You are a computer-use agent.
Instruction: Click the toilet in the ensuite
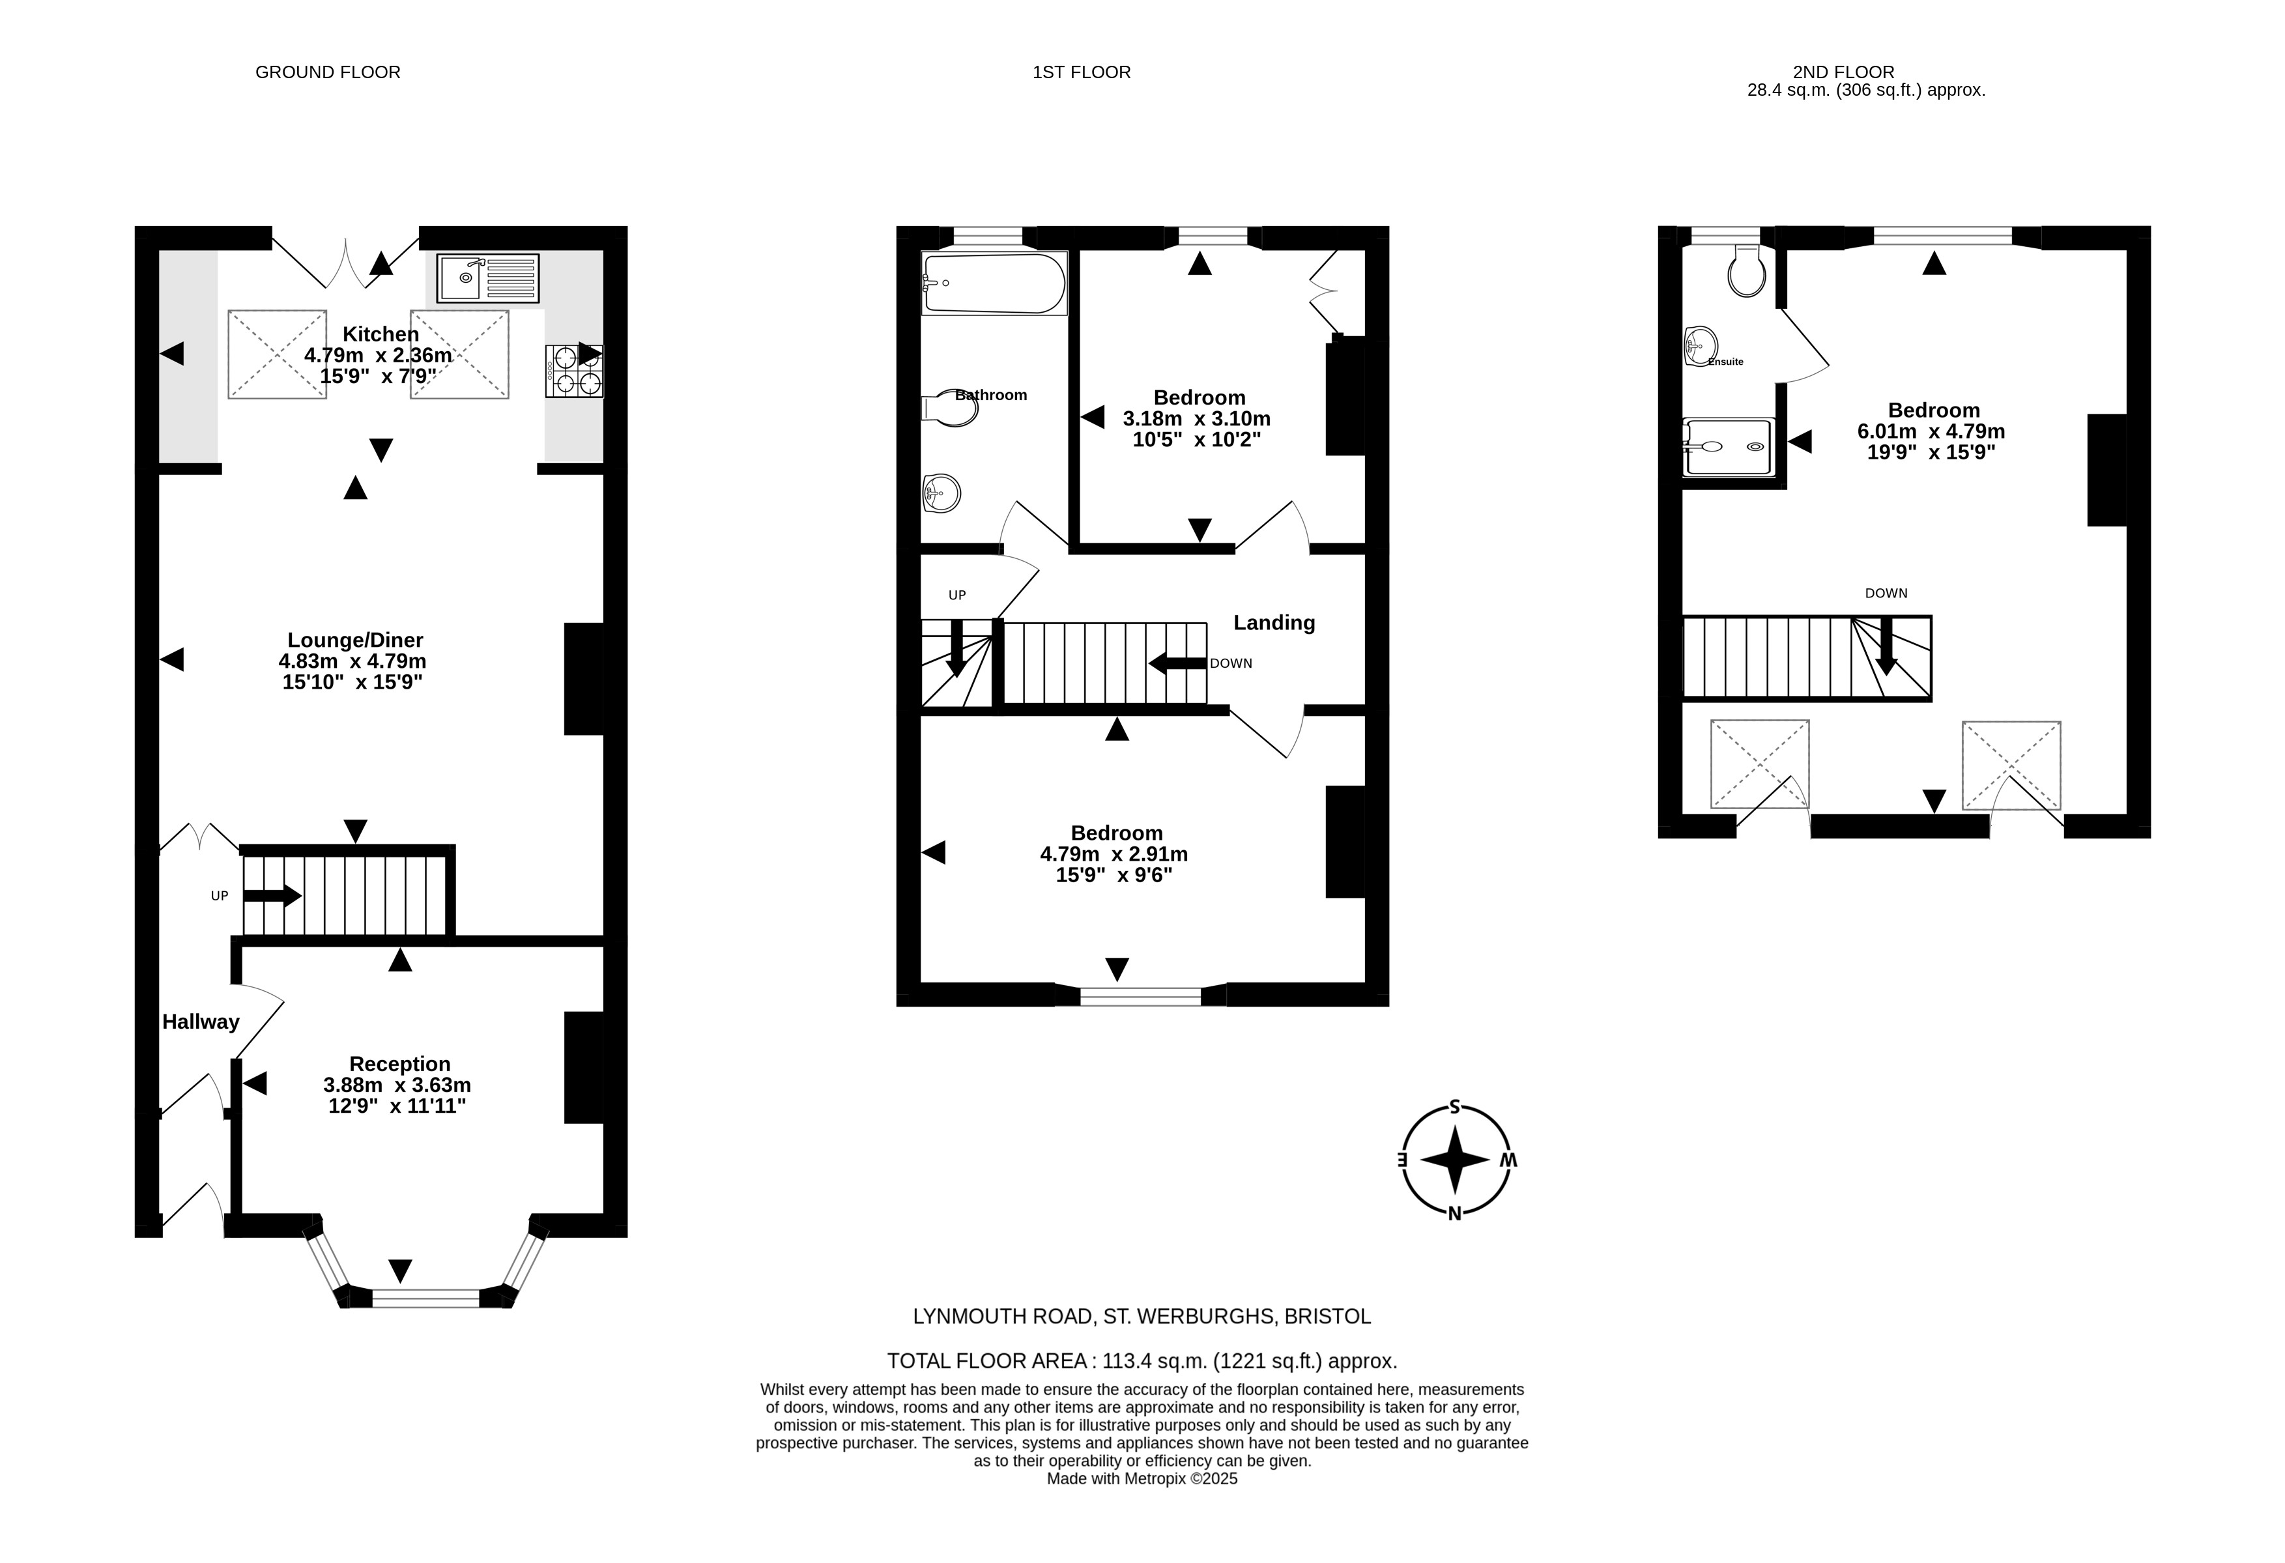point(1746,270)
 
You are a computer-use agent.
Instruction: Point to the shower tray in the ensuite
point(1729,448)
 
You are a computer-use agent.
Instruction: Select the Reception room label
point(400,1064)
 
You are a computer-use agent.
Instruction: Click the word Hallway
point(201,1022)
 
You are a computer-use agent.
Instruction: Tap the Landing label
point(1274,622)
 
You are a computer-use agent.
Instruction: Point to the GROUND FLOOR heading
point(328,72)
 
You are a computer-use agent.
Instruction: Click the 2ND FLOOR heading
point(1843,72)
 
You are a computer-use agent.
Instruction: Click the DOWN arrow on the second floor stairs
point(1886,645)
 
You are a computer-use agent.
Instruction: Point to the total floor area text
point(1142,1362)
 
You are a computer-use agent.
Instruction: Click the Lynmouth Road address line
point(1142,1316)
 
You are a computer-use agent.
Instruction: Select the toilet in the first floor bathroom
point(951,408)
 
